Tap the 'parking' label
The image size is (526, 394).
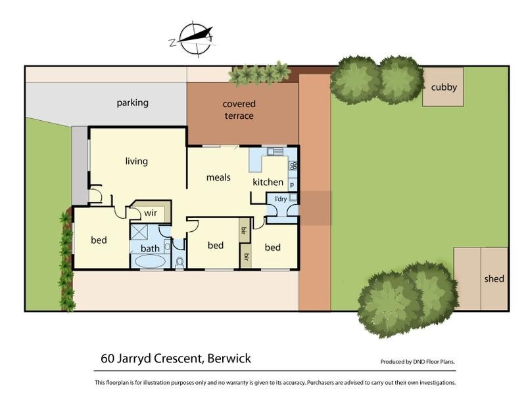[133, 102]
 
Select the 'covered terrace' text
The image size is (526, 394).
[239, 110]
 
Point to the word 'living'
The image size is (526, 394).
[137, 161]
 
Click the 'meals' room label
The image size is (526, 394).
[218, 177]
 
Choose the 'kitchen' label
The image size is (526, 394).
[268, 182]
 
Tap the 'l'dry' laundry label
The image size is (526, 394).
[281, 199]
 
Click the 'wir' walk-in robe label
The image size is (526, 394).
[151, 213]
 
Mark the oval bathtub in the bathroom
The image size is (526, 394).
[150, 261]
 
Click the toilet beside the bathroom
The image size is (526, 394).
[179, 262]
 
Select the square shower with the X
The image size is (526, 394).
[139, 231]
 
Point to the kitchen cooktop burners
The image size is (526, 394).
[293, 166]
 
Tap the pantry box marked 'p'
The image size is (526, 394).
[293, 185]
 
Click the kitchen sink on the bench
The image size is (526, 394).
[275, 152]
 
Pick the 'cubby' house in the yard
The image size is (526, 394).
[444, 87]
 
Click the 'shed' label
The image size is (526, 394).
[494, 278]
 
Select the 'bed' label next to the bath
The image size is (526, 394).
[99, 240]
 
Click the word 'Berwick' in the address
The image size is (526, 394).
[228, 359]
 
